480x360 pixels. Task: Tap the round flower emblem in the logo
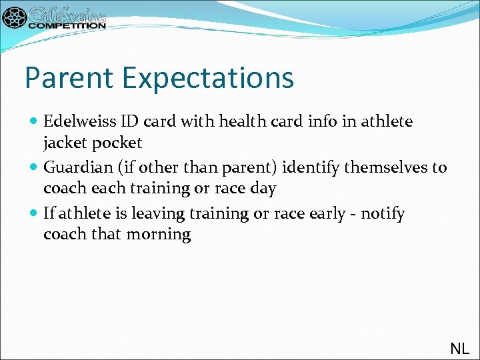[x=15, y=17]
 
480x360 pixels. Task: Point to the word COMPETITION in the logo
[x=67, y=25]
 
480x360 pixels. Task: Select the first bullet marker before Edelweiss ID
[x=34, y=122]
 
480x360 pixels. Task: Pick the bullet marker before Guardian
[x=34, y=168]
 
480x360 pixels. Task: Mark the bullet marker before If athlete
[x=34, y=214]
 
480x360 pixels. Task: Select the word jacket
[x=65, y=143]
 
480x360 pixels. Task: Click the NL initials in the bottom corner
[x=459, y=348]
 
